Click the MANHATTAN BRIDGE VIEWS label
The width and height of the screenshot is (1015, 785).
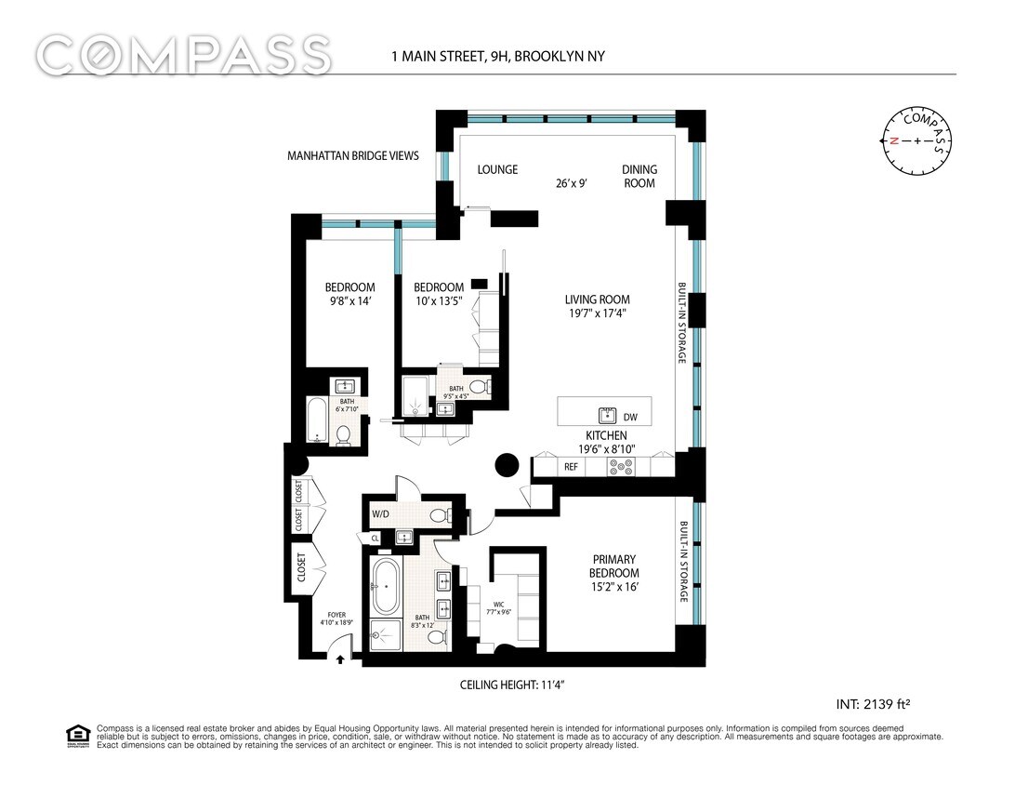(x=353, y=156)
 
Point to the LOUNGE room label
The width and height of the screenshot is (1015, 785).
(x=497, y=170)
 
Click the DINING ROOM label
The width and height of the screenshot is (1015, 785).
(x=639, y=176)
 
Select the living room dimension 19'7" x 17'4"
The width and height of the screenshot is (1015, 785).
(x=597, y=313)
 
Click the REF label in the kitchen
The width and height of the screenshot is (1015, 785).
(x=571, y=467)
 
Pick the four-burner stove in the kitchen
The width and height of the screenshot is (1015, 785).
(x=621, y=467)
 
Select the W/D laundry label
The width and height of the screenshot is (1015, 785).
(x=381, y=513)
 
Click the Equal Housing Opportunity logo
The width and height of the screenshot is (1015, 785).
(x=76, y=736)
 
